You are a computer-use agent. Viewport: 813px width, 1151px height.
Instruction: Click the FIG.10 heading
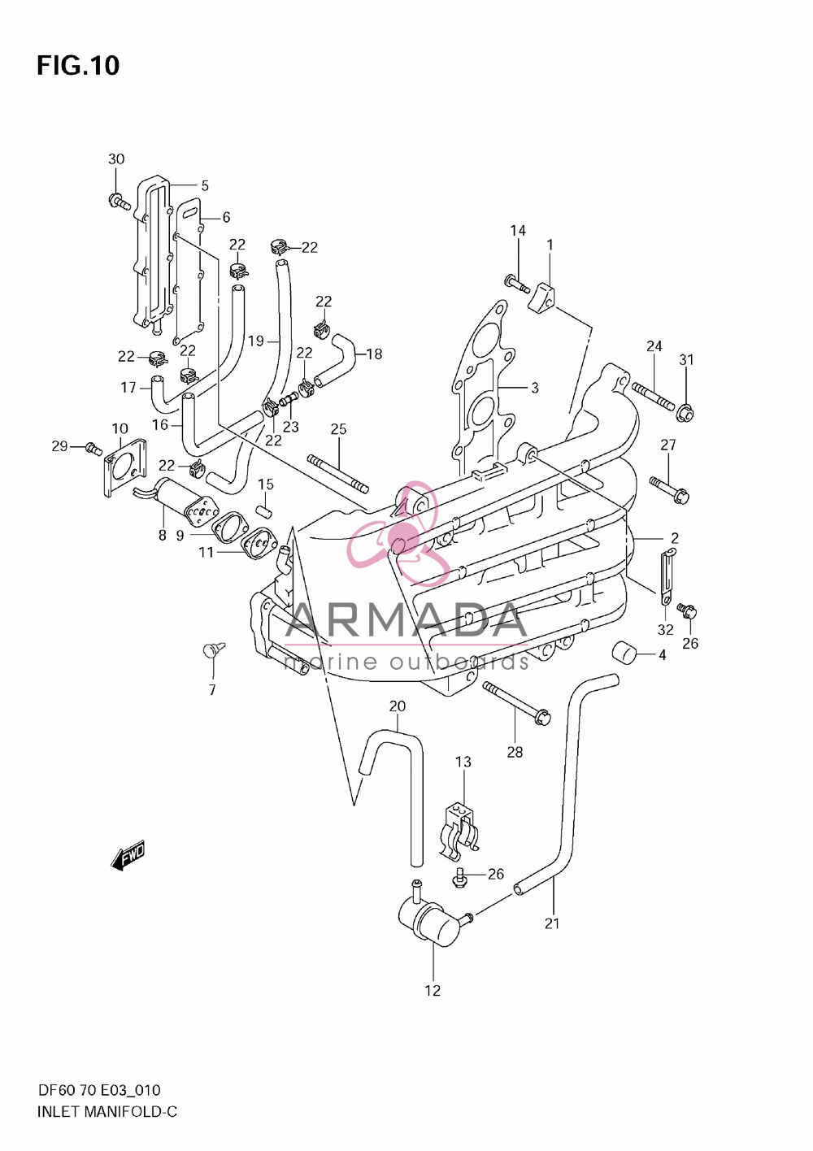78,65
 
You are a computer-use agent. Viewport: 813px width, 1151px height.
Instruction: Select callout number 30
116,159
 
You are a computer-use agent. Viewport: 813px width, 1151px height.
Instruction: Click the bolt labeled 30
119,201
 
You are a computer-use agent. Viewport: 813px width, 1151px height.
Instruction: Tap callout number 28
515,752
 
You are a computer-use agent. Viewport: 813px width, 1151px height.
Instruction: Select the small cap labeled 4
624,653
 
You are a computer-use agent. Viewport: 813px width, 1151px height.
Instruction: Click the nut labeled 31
685,413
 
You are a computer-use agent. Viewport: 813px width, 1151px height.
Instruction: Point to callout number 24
654,346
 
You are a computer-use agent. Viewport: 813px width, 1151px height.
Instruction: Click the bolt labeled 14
517,284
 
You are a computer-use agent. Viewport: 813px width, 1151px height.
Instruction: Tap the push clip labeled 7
213,652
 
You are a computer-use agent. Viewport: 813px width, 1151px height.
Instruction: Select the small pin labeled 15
265,512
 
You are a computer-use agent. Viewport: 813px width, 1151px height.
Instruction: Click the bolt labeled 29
93,448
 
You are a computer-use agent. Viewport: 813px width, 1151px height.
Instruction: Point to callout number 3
534,388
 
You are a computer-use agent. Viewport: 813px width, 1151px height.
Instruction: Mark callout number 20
397,706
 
